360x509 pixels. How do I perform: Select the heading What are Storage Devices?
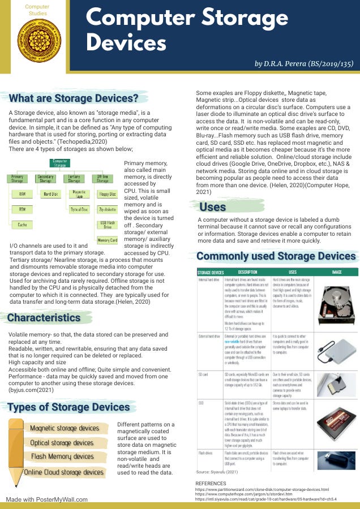click(x=74, y=98)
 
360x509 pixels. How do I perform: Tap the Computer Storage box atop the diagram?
click(x=59, y=163)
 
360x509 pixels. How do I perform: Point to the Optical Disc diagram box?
click(x=79, y=209)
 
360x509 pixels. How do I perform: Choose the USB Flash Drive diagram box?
click(x=108, y=225)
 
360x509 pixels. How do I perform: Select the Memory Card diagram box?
click(x=108, y=240)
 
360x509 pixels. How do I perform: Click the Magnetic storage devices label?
click(x=65, y=428)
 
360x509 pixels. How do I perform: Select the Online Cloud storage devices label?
click(x=64, y=472)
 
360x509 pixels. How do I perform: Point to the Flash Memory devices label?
click(x=62, y=456)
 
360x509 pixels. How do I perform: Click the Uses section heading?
click(x=213, y=207)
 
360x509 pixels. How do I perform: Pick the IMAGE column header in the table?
click(x=337, y=271)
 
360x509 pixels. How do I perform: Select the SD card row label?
click(x=203, y=374)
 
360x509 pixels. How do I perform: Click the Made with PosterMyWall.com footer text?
click(x=48, y=499)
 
